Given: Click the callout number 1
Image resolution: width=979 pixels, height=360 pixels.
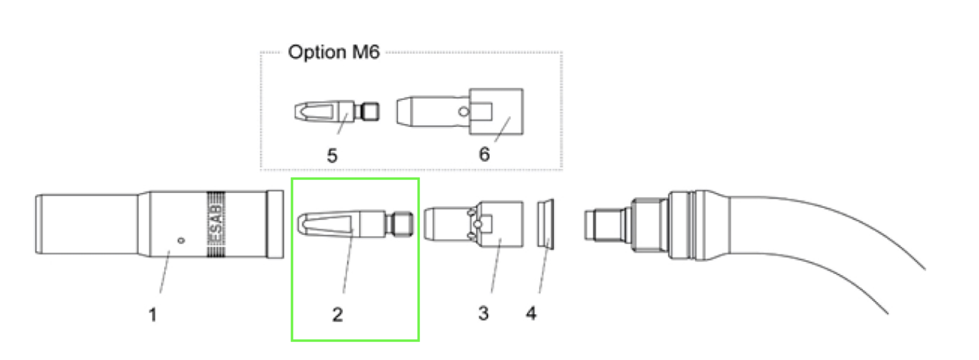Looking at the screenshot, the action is pyautogui.click(x=152, y=315).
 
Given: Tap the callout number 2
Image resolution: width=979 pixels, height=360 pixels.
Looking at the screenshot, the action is pyautogui.click(x=337, y=315).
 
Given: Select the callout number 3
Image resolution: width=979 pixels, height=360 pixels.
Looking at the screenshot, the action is pyautogui.click(x=483, y=313).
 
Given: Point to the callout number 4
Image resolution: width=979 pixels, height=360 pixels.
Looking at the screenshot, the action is pyautogui.click(x=531, y=313).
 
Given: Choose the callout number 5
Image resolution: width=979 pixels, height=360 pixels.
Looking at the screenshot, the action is pyautogui.click(x=332, y=155).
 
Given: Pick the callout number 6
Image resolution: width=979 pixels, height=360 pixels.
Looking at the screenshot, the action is pyautogui.click(x=484, y=154).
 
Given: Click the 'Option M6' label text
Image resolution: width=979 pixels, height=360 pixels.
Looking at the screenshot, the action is pyautogui.click(x=334, y=52).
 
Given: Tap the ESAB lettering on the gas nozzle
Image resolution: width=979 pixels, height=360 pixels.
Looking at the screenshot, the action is pyautogui.click(x=215, y=224).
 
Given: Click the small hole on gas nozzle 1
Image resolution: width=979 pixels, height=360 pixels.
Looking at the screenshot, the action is pyautogui.click(x=181, y=240).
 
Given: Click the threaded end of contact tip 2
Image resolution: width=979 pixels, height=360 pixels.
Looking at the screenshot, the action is pyautogui.click(x=400, y=223).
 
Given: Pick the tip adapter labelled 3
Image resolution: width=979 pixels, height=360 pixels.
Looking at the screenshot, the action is pyautogui.click(x=473, y=224).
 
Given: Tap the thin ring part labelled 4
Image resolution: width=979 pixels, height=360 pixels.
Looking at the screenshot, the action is pyautogui.click(x=545, y=223).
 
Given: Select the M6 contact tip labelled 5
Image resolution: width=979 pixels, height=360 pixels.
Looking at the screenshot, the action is pyautogui.click(x=337, y=111).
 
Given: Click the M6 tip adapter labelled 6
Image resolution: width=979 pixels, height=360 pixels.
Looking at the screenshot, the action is pyautogui.click(x=460, y=111).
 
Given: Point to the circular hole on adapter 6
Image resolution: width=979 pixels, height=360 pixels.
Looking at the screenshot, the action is pyautogui.click(x=464, y=112).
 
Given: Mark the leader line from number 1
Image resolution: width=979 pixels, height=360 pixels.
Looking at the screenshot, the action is pyautogui.click(x=165, y=272).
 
